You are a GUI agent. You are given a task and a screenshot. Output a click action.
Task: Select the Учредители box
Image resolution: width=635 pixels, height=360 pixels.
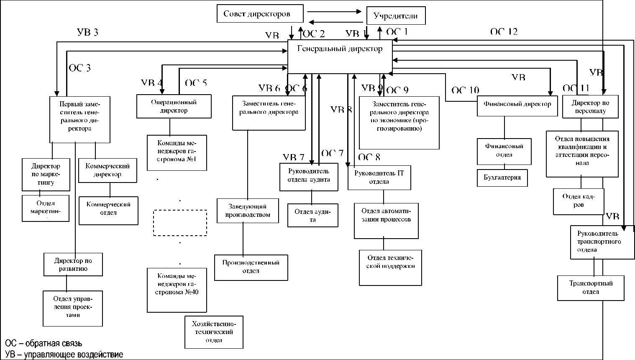click(x=396, y=16)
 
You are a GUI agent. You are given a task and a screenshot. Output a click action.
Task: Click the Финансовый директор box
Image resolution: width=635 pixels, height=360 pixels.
click(x=517, y=105)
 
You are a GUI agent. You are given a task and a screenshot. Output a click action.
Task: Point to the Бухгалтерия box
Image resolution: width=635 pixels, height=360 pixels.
click(x=502, y=177)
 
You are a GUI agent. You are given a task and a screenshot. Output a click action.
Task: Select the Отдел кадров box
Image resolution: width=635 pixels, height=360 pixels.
click(x=579, y=201)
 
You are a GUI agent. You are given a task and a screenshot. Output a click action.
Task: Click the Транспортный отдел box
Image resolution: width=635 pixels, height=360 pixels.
click(x=591, y=288)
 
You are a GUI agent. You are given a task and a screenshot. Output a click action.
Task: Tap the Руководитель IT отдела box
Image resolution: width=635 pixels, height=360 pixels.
click(x=379, y=177)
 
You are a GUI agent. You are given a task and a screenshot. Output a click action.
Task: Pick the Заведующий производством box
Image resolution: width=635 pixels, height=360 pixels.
click(x=248, y=211)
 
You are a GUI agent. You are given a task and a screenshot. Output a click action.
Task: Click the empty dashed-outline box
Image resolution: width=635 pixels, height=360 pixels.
click(x=180, y=223)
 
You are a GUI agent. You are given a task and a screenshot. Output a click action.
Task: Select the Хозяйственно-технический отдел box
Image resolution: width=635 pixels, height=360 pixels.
click(x=214, y=332)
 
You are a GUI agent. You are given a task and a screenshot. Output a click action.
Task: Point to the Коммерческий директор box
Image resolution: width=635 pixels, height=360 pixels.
click(x=108, y=170)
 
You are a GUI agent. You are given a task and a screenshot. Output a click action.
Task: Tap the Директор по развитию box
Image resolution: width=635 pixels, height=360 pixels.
click(x=73, y=265)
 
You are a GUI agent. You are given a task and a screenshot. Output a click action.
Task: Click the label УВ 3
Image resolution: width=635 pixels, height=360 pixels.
click(x=88, y=33)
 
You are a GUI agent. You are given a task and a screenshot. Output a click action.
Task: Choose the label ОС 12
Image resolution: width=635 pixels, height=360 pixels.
click(x=504, y=31)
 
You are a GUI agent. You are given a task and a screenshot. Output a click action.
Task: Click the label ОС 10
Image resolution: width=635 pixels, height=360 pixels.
click(x=465, y=90)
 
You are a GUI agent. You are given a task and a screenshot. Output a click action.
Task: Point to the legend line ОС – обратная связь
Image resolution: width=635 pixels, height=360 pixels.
click(x=44, y=345)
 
